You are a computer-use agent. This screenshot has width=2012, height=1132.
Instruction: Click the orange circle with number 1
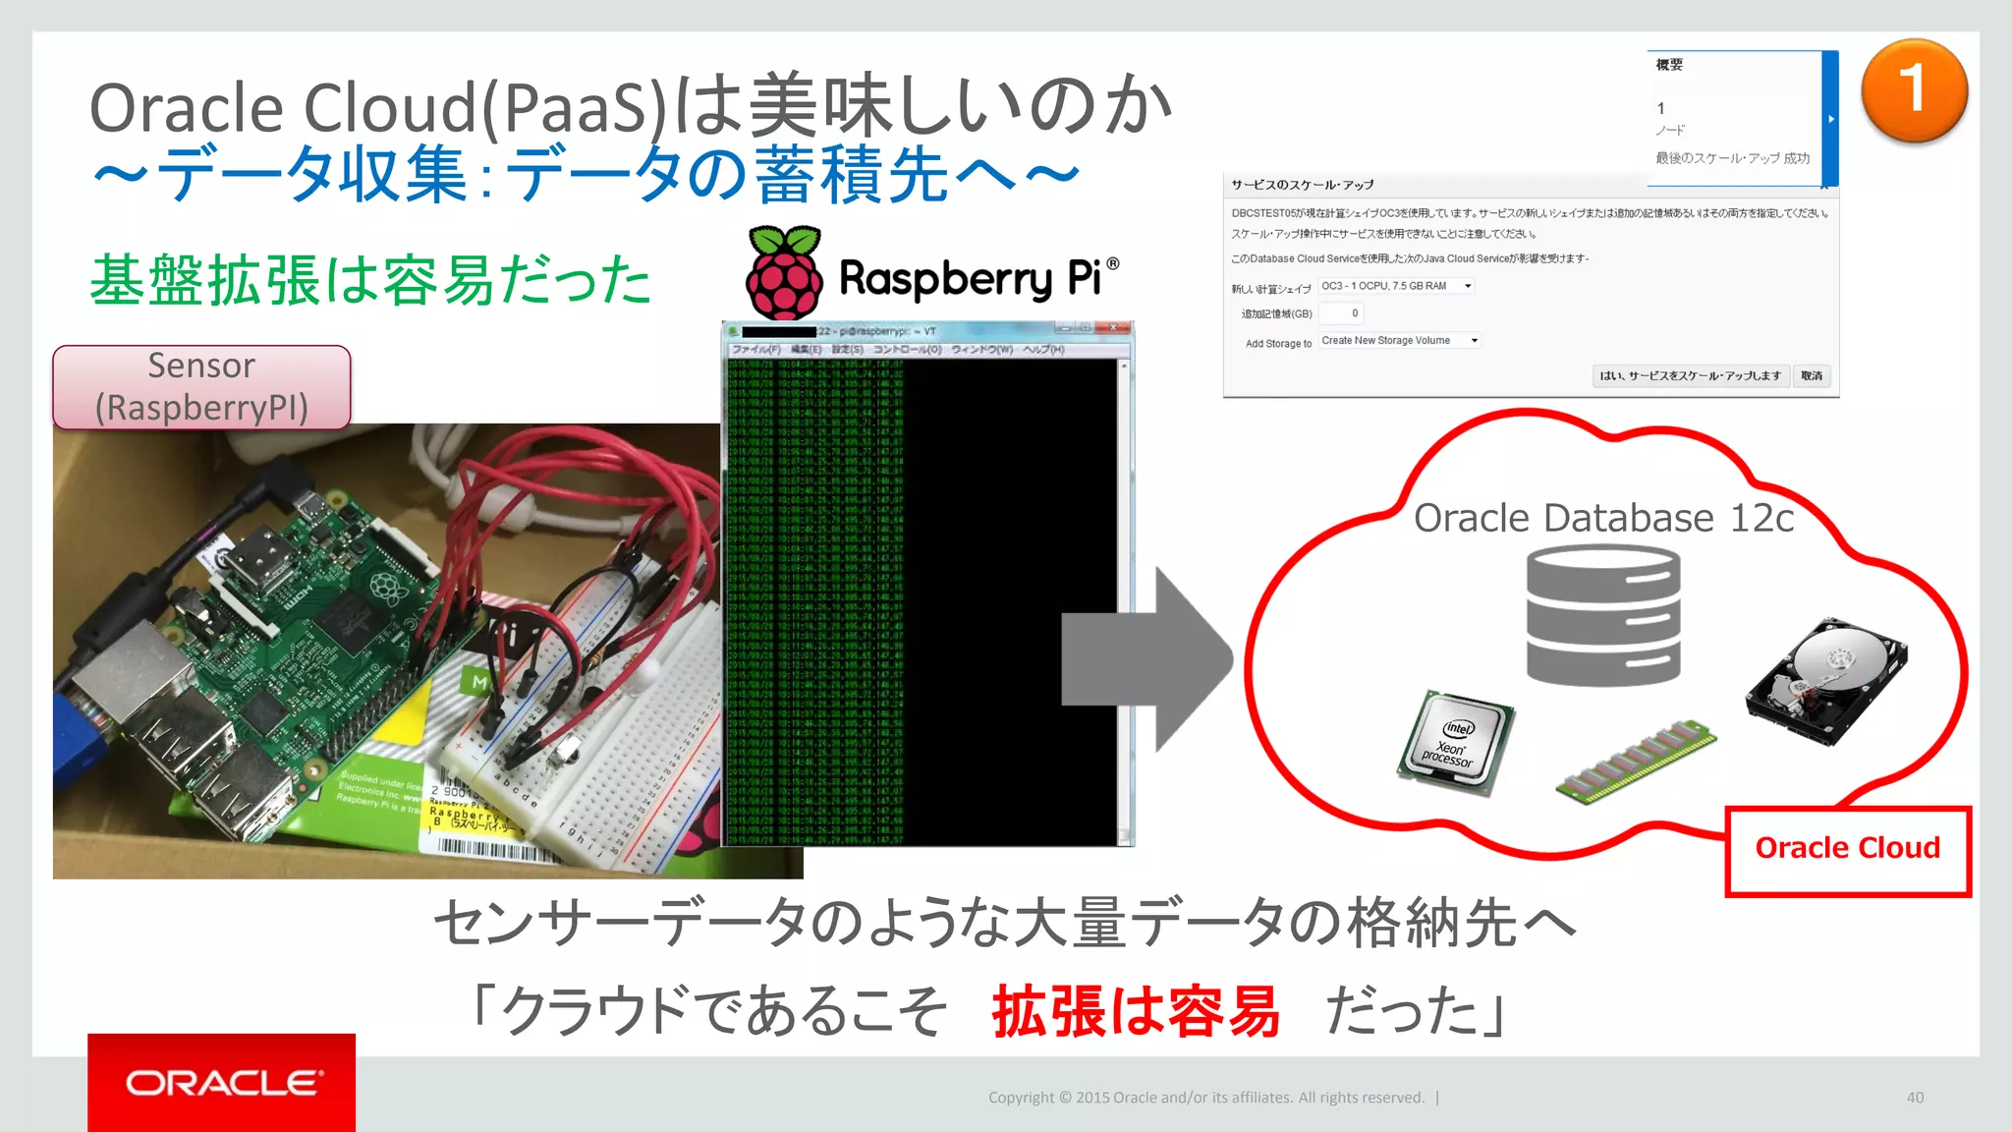(1914, 91)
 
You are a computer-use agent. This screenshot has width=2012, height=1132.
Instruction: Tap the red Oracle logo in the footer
(222, 1082)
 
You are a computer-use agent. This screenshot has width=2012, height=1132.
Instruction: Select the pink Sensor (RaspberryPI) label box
(201, 387)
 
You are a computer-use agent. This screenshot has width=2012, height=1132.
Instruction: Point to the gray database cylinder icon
(1602, 616)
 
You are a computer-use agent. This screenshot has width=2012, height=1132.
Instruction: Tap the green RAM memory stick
(1636, 761)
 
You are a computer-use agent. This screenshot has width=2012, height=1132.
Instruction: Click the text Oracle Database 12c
(1603, 518)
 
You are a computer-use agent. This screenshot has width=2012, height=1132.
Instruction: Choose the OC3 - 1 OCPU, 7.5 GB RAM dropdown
(1396, 286)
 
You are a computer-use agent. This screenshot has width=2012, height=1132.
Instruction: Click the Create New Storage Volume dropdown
(1399, 341)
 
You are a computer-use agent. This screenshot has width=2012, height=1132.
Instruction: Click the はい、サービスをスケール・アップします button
(1690, 376)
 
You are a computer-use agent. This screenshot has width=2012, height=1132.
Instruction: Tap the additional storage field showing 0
(1341, 313)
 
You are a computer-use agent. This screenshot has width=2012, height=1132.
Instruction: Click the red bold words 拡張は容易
(1135, 1011)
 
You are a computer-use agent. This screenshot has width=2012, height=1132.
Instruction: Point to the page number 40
(1915, 1098)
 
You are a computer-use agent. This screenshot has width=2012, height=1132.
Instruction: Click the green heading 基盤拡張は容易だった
(370, 280)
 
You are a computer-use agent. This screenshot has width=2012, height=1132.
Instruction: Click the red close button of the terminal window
(1114, 329)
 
